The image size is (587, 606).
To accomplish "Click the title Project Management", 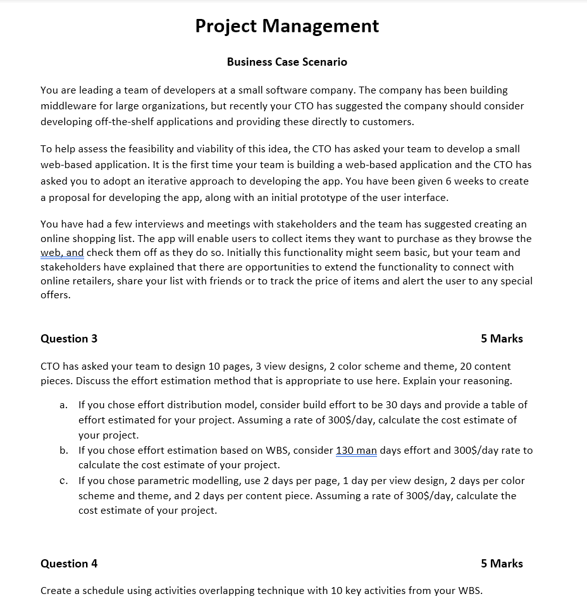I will (287, 26).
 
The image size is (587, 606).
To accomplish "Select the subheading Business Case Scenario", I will (287, 62).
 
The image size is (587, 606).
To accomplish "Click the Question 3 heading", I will (69, 339).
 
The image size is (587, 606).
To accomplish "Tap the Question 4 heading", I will (69, 564).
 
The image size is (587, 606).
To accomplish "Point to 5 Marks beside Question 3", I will (502, 339).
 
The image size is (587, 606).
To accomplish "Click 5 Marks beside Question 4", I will (502, 564).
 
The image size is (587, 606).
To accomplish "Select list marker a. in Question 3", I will (64, 404).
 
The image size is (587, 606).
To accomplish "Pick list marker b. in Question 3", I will (64, 451).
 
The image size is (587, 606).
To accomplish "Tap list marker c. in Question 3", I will (64, 481).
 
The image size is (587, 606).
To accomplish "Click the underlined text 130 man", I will (356, 451).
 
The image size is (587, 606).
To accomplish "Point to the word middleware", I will (70, 106).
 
